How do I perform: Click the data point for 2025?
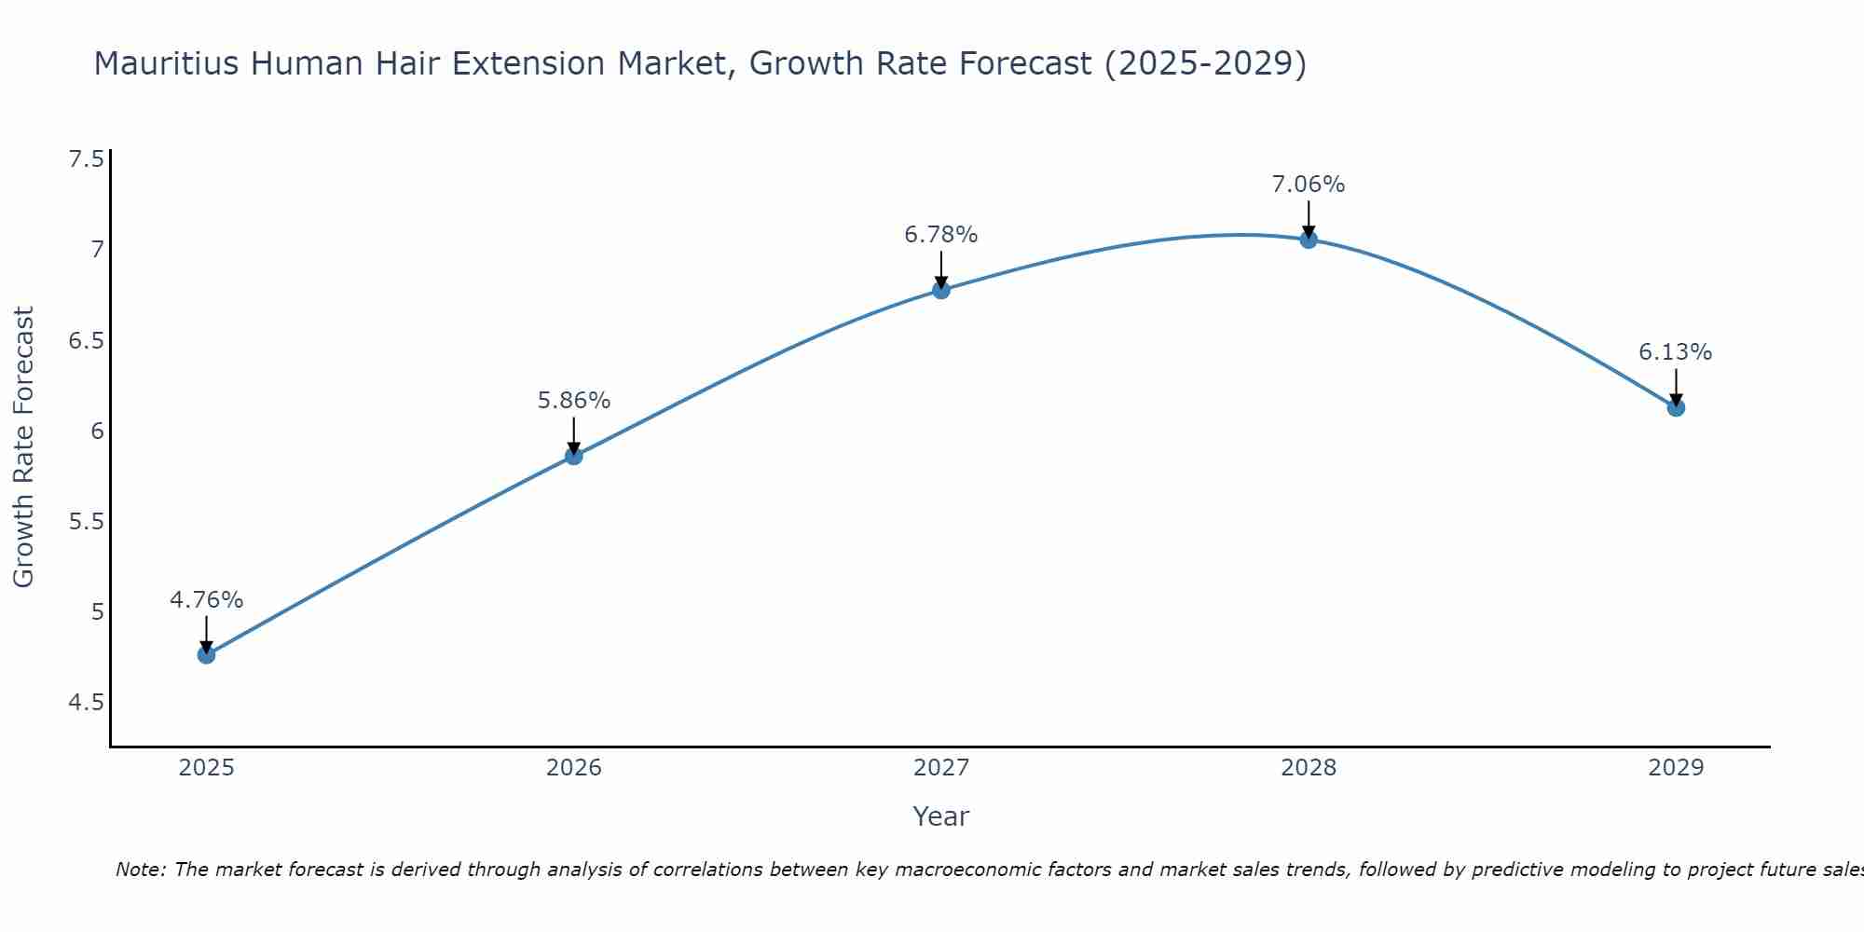tap(206, 655)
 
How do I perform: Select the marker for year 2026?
tap(574, 456)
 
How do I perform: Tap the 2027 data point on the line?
tap(941, 290)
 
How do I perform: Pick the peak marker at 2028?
tap(1309, 240)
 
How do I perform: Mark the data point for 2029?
tap(1676, 407)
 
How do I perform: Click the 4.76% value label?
tap(206, 600)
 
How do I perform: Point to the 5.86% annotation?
tap(574, 401)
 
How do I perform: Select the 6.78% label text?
tap(941, 235)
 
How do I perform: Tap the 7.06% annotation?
tap(1309, 185)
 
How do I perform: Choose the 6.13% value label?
tap(1676, 352)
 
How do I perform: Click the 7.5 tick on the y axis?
tap(86, 159)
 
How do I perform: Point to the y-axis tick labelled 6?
tap(97, 431)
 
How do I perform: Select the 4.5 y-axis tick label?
tap(86, 702)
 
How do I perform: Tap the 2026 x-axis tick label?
tap(574, 768)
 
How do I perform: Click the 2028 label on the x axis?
tap(1309, 768)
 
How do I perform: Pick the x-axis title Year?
tap(941, 816)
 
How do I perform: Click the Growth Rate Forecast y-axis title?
tap(23, 447)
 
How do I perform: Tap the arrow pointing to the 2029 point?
tap(1676, 385)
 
